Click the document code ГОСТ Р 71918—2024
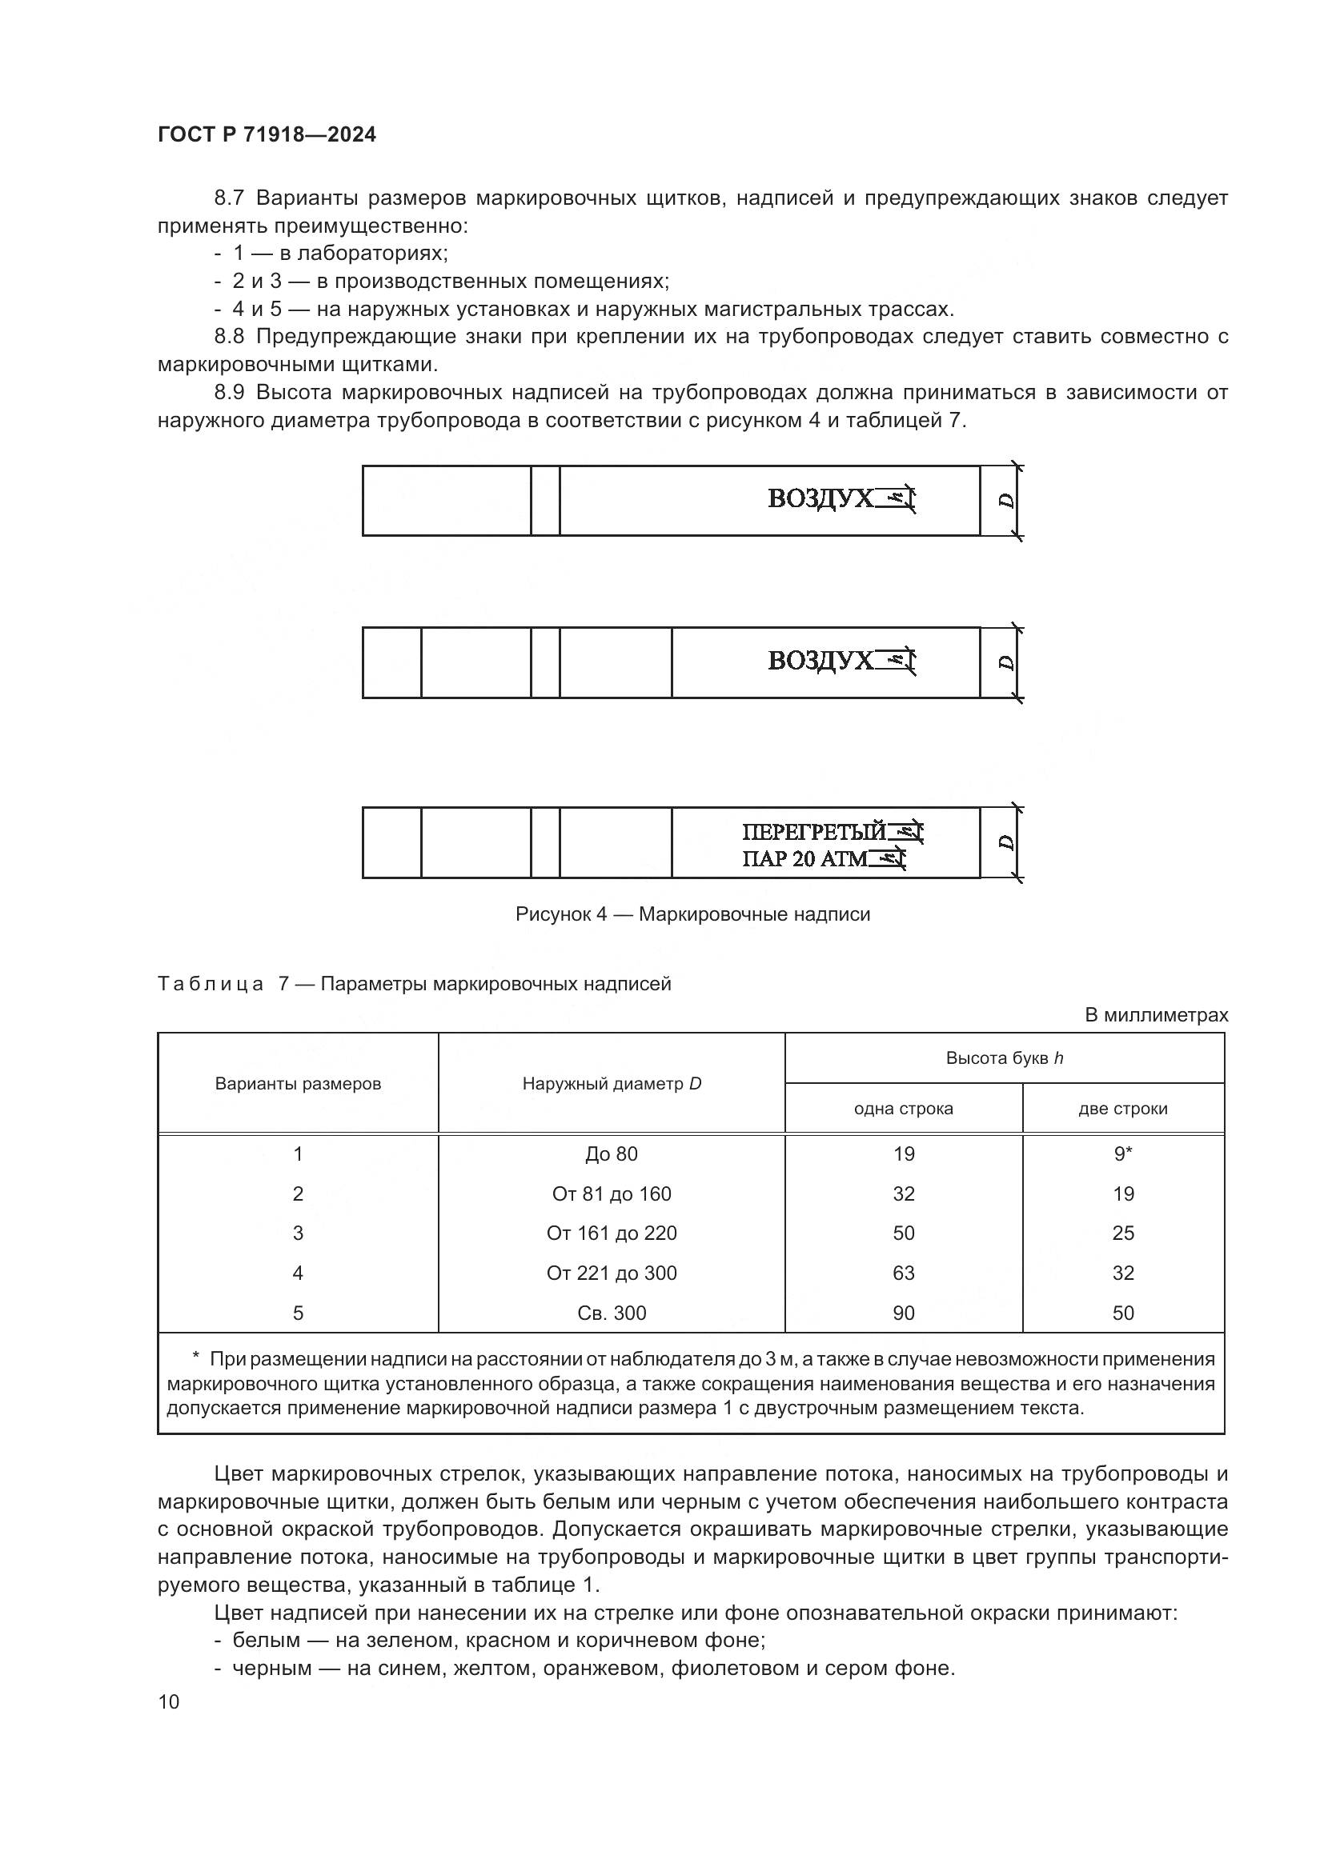point(267,134)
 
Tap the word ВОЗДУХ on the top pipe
point(820,498)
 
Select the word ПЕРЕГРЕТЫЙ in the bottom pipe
point(812,832)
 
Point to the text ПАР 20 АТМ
point(804,859)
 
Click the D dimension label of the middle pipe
point(1008,663)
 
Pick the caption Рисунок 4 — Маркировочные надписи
point(692,914)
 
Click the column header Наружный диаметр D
point(612,1084)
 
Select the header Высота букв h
point(1004,1058)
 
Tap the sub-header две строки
point(1122,1109)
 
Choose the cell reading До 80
point(612,1154)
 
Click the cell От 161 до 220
point(612,1233)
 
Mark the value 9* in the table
point(1122,1154)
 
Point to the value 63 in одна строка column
point(903,1273)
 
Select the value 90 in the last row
point(903,1313)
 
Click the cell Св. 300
point(612,1313)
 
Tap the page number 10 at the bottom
point(169,1701)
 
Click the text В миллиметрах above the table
point(1156,1015)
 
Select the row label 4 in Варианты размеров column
point(298,1273)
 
